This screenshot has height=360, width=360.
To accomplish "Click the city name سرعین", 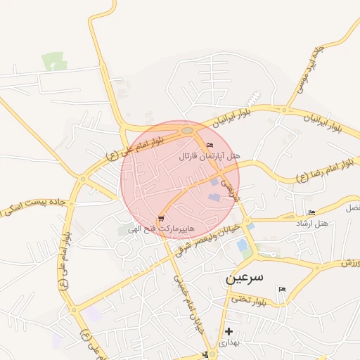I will [244, 277].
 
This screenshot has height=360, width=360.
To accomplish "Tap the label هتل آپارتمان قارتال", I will [210, 155].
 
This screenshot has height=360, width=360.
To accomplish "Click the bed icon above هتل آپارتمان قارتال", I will [210, 145].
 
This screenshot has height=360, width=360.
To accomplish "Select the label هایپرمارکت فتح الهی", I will [160, 229].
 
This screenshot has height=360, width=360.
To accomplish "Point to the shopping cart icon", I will [162, 219].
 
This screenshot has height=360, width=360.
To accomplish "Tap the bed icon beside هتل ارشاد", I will [311, 212].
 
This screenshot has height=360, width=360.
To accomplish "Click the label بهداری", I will [229, 343].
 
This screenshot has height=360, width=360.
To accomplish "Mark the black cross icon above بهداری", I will [229, 331].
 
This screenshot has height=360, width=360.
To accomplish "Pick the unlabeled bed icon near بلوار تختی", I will [282, 290].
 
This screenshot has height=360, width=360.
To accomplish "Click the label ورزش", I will [349, 263].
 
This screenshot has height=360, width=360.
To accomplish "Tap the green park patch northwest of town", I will [54, 62].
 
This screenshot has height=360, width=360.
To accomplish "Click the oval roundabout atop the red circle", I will [187, 130].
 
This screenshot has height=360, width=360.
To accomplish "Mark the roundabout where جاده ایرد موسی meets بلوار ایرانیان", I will [285, 110].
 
